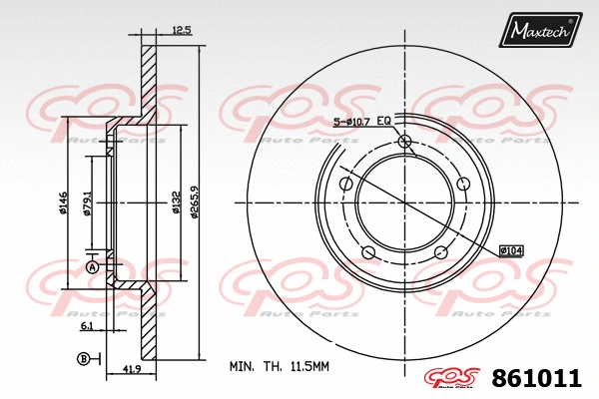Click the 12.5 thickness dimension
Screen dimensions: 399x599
coord(181,31)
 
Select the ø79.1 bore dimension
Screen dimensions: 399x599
coord(89,205)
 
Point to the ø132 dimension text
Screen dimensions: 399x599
coord(176,203)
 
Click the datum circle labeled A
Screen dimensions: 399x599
coord(92,268)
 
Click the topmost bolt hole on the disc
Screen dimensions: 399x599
coord(404,142)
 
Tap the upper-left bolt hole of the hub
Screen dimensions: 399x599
coord(345,184)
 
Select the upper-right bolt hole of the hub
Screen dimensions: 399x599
coord(463,184)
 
